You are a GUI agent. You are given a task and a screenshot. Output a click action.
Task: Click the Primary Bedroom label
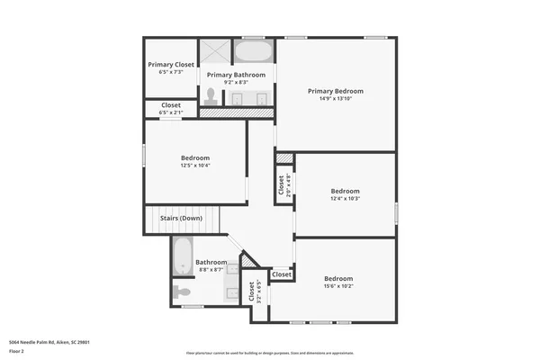click(x=336, y=91)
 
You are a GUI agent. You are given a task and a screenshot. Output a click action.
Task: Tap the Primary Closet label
click(x=171, y=65)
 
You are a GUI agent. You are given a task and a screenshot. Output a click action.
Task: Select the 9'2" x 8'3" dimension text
click(x=237, y=82)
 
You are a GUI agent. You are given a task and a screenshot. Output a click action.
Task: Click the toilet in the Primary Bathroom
click(x=211, y=95)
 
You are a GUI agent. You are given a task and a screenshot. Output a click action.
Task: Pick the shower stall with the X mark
click(x=216, y=51)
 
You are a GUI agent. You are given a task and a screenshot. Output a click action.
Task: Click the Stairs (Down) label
click(x=181, y=218)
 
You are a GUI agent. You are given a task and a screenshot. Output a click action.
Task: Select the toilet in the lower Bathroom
click(x=182, y=292)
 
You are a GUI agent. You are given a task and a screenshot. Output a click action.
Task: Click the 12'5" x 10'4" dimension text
click(x=194, y=166)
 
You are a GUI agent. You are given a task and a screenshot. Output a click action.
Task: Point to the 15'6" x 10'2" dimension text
click(x=337, y=287)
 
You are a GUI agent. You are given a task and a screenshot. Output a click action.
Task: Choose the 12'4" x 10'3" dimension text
click(x=345, y=199)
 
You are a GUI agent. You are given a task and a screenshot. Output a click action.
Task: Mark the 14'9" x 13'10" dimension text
click(x=336, y=99)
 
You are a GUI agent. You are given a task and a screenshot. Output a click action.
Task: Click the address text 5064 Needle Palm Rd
click(x=49, y=342)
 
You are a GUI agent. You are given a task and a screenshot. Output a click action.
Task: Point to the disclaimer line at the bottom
click(x=269, y=352)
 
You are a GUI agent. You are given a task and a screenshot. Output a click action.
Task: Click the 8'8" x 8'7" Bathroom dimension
click(x=211, y=270)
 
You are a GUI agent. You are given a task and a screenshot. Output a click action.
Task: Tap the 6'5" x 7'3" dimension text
click(x=171, y=72)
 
